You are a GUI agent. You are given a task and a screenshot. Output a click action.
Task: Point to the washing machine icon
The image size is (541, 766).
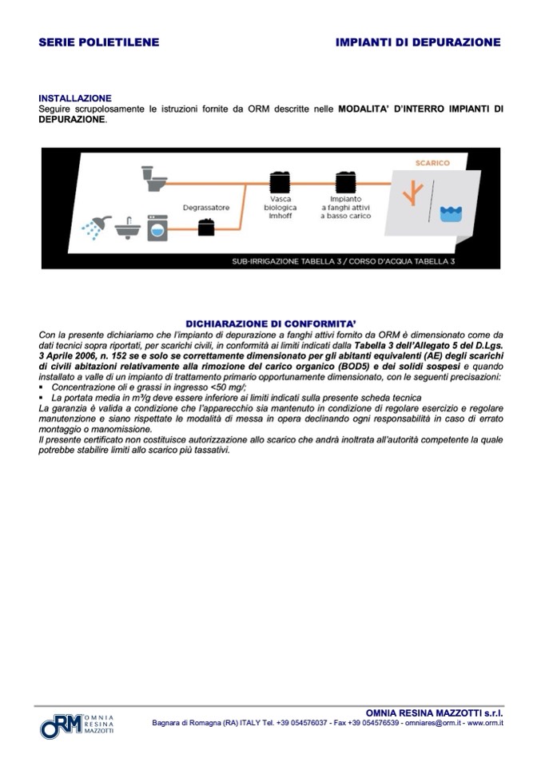157,227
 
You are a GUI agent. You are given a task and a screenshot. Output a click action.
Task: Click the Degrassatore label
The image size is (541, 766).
205,208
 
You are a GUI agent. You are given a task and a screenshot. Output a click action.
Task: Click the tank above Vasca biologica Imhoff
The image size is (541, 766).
280,181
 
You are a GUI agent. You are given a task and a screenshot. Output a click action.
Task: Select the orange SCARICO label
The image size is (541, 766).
432,163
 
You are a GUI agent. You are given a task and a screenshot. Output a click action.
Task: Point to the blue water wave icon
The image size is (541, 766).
451,212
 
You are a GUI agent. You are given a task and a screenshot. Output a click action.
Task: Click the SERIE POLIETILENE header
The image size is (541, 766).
98,42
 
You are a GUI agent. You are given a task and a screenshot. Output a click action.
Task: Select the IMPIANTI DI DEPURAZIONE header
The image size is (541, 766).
418,42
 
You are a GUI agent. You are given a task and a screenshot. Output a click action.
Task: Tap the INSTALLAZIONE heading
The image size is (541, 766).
75,98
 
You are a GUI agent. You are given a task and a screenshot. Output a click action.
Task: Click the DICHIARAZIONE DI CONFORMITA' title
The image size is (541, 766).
270,323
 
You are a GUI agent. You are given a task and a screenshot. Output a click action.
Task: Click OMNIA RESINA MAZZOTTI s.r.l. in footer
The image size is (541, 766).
434,712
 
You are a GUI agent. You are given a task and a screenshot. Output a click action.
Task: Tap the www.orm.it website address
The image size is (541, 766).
485,723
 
